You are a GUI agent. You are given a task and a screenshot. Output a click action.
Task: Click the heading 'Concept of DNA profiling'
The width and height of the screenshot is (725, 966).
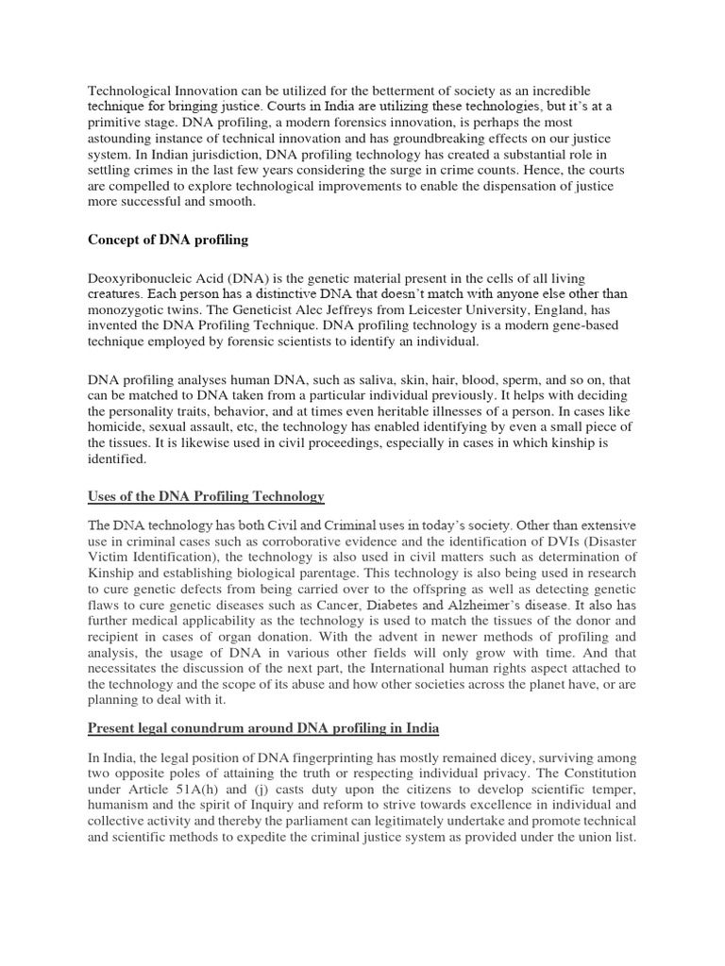168,240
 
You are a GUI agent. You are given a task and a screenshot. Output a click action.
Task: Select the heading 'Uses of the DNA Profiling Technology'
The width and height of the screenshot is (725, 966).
206,496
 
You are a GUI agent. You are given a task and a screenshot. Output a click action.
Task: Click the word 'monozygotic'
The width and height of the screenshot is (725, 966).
127,294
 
